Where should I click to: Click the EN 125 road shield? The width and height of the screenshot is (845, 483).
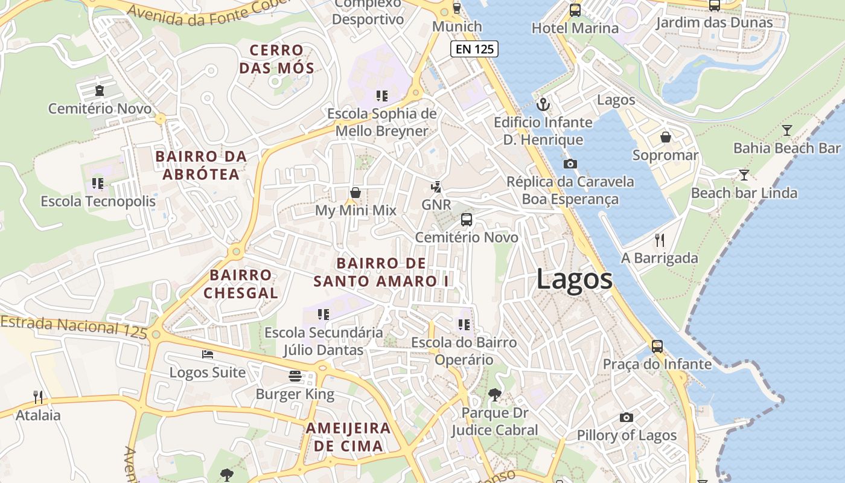click(x=474, y=50)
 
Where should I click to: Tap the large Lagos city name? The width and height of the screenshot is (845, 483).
click(x=574, y=280)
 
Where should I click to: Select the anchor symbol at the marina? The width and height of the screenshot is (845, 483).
click(x=544, y=104)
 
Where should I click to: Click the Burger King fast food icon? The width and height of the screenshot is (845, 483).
click(x=295, y=376)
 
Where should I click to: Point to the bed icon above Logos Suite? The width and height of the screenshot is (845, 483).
click(x=208, y=354)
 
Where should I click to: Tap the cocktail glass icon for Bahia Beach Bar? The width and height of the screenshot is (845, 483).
click(x=786, y=130)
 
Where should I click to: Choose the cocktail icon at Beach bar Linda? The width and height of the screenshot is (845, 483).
click(x=744, y=175)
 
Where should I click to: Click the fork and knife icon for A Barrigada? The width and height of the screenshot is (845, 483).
click(x=660, y=240)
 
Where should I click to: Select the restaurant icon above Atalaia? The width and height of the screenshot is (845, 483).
click(x=38, y=397)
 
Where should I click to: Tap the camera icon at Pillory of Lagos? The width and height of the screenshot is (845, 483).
click(x=627, y=417)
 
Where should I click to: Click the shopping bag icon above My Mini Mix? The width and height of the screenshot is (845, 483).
click(x=356, y=193)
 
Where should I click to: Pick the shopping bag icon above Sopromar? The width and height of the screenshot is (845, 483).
click(x=666, y=137)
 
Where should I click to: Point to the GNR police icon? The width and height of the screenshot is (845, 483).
click(x=436, y=187)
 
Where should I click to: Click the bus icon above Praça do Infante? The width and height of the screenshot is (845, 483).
click(x=657, y=347)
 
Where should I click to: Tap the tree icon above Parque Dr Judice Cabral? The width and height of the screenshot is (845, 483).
click(x=494, y=395)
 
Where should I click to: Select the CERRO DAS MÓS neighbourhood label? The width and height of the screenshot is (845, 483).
click(x=277, y=59)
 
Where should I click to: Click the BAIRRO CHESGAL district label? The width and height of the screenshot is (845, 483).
click(x=241, y=284)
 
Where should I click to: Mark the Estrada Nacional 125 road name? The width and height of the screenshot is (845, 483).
click(x=74, y=326)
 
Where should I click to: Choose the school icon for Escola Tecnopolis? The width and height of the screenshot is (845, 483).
click(x=98, y=183)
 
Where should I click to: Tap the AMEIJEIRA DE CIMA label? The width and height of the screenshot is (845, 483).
click(x=348, y=437)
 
